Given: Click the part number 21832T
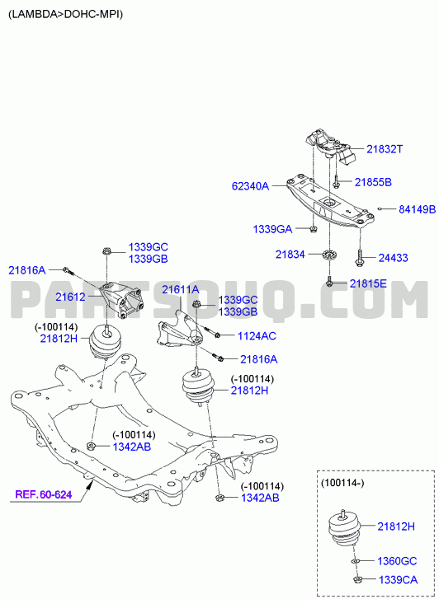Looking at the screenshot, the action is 385,149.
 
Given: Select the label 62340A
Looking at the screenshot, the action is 250,186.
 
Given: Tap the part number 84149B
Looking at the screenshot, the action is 418,209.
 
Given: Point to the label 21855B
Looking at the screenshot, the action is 373,183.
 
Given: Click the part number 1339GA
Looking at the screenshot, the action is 272,229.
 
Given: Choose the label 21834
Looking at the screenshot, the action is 290,255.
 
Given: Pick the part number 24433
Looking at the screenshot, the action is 393,258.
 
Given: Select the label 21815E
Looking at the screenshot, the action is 368,283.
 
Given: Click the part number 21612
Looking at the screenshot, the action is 70,297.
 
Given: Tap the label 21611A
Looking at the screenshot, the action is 180,290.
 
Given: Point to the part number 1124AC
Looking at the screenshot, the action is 257,336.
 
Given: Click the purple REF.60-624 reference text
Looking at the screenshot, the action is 44,494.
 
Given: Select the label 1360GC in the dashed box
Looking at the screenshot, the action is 397,561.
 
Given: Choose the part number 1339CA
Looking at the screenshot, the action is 398,580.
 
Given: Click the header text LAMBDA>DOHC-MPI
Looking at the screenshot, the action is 65,15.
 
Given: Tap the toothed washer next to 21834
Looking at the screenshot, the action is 328,255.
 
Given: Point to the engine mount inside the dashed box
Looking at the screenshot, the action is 344,528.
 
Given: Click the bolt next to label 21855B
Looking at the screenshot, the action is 336,181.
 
